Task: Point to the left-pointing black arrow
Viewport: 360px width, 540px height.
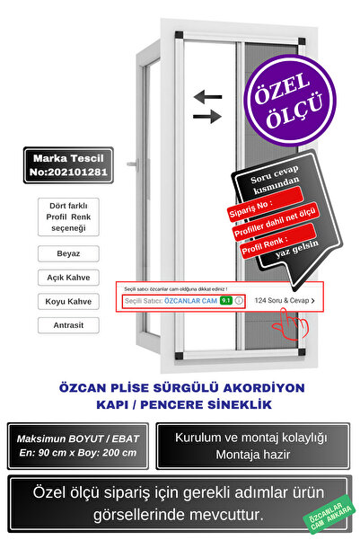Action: (207, 95)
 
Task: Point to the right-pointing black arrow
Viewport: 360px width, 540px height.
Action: (207, 116)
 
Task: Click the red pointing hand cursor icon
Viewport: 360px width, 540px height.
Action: (290, 319)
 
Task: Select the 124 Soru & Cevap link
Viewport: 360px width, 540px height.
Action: (284, 301)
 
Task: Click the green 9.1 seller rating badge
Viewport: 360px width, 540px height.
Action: (225, 301)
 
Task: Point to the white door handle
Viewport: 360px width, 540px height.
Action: (132, 167)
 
